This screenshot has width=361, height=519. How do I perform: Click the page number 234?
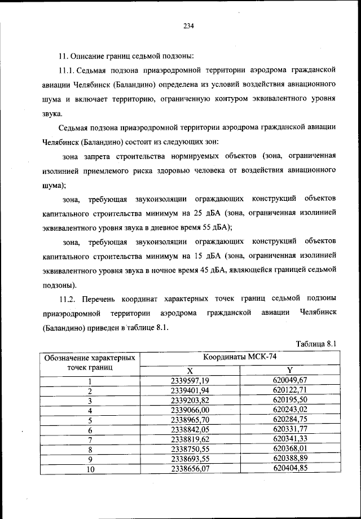(188, 24)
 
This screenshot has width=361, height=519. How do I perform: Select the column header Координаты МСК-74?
(240, 357)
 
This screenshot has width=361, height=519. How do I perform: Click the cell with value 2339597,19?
(190, 380)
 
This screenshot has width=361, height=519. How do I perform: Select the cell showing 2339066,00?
(190, 410)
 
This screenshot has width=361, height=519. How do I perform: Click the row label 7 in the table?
(89, 440)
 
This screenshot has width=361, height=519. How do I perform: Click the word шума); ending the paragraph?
(54, 184)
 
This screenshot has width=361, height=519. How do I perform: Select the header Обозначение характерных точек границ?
(89, 362)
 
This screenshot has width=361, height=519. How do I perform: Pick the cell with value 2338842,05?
(190, 429)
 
